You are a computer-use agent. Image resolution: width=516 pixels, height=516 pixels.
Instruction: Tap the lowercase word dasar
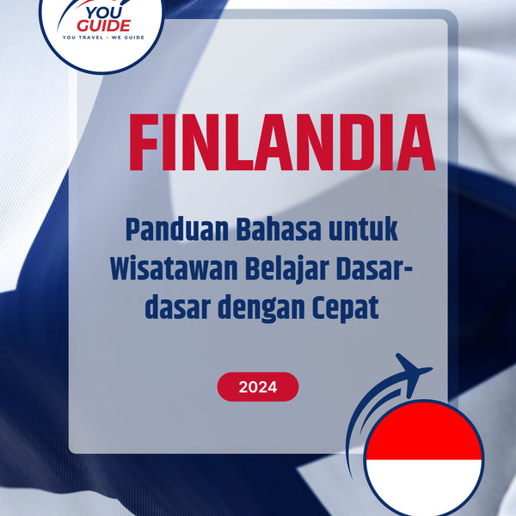(x=172, y=307)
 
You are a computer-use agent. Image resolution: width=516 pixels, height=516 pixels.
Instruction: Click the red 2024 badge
(x=258, y=387)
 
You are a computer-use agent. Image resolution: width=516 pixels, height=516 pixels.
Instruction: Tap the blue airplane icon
(x=410, y=372)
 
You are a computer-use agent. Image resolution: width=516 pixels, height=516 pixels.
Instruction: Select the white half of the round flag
(x=422, y=483)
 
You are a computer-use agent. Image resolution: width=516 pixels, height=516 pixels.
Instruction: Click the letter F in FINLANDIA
(x=144, y=142)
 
